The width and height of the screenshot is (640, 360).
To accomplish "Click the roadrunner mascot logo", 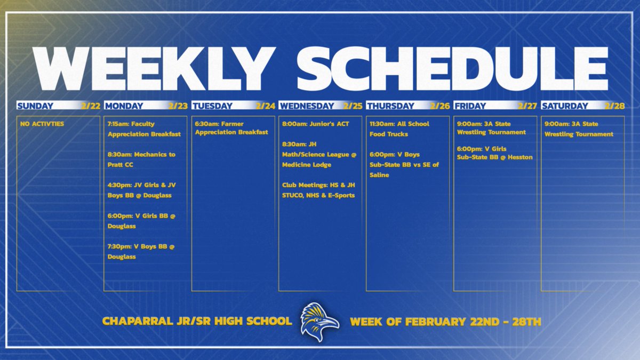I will point(319,322).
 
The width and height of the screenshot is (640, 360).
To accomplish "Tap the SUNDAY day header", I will point(35,106).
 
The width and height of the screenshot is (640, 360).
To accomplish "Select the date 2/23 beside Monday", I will point(178,106).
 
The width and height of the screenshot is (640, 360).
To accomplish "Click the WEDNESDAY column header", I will point(307,106).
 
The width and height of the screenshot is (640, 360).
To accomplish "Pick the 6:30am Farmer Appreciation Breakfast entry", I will point(231,129).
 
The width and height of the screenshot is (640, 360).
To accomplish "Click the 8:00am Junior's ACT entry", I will point(315,124).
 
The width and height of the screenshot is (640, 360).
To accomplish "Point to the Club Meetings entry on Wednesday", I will point(318,190).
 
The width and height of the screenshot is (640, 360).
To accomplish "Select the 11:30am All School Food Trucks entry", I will point(399,129).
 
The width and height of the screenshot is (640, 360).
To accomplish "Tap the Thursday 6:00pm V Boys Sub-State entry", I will point(404,165).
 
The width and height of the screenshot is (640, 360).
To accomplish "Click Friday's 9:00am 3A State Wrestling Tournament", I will point(491,129).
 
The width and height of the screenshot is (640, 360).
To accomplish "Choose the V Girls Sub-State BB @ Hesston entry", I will point(494,153).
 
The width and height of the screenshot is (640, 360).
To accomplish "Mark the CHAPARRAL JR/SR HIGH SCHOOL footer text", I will point(197,322).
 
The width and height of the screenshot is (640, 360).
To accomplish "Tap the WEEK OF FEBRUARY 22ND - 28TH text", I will point(445,322).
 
